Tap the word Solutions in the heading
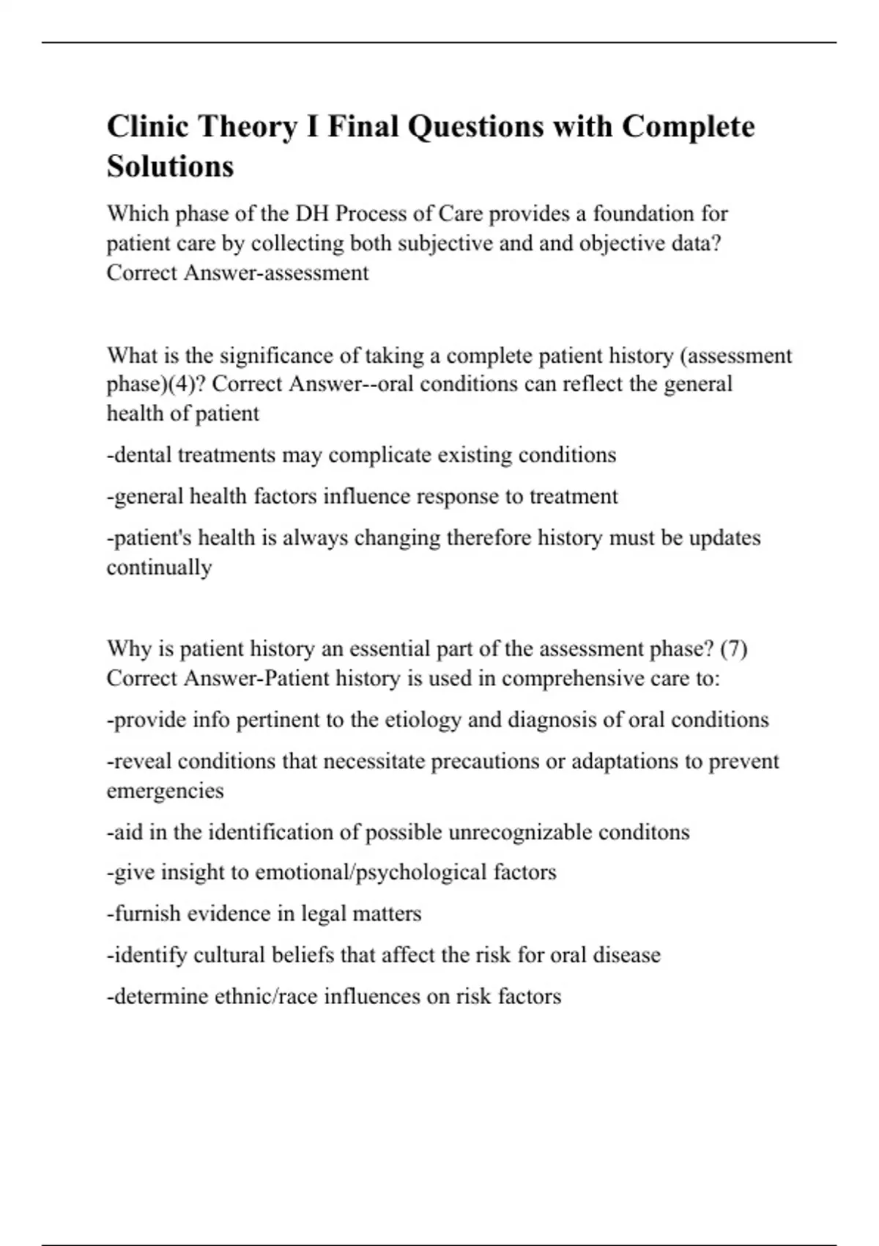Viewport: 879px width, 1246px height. [x=170, y=167]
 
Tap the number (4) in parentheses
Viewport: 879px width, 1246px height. [x=177, y=385]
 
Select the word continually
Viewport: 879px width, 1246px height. [x=159, y=567]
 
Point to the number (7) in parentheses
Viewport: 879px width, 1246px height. [x=733, y=649]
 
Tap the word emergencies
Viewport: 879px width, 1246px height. [x=165, y=791]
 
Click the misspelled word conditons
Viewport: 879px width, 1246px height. [x=644, y=833]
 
